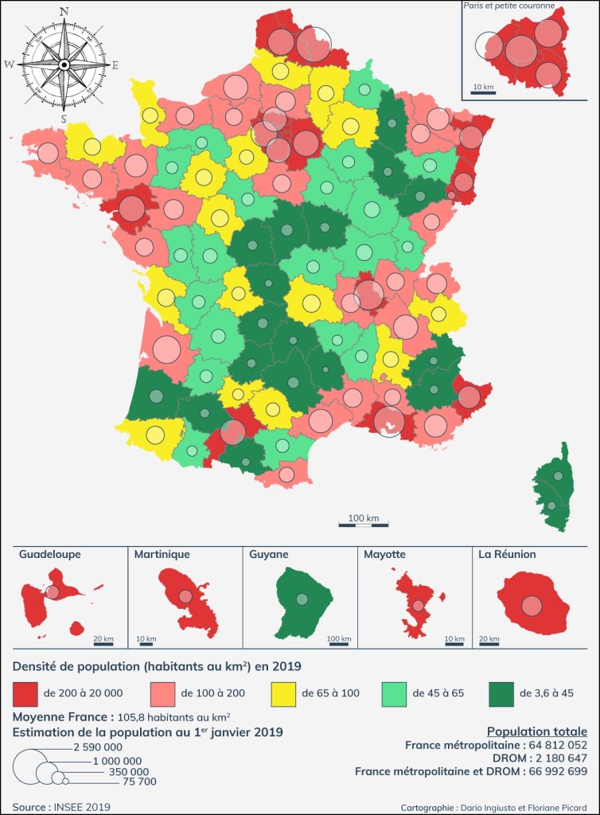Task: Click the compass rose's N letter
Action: point(64,12)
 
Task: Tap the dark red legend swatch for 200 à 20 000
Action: point(26,692)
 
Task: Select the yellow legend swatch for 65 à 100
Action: point(283,692)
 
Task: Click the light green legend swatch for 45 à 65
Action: point(394,692)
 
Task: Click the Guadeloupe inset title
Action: point(49,554)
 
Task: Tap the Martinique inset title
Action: point(162,554)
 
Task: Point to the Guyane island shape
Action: point(302,601)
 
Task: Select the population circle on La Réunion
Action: point(532,606)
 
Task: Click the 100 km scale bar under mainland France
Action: point(364,524)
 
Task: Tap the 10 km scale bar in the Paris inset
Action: point(483,92)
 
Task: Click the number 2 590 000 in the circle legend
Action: point(97,747)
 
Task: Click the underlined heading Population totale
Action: point(537,731)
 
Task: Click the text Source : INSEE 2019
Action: point(61,806)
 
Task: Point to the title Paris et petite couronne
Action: point(509,6)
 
